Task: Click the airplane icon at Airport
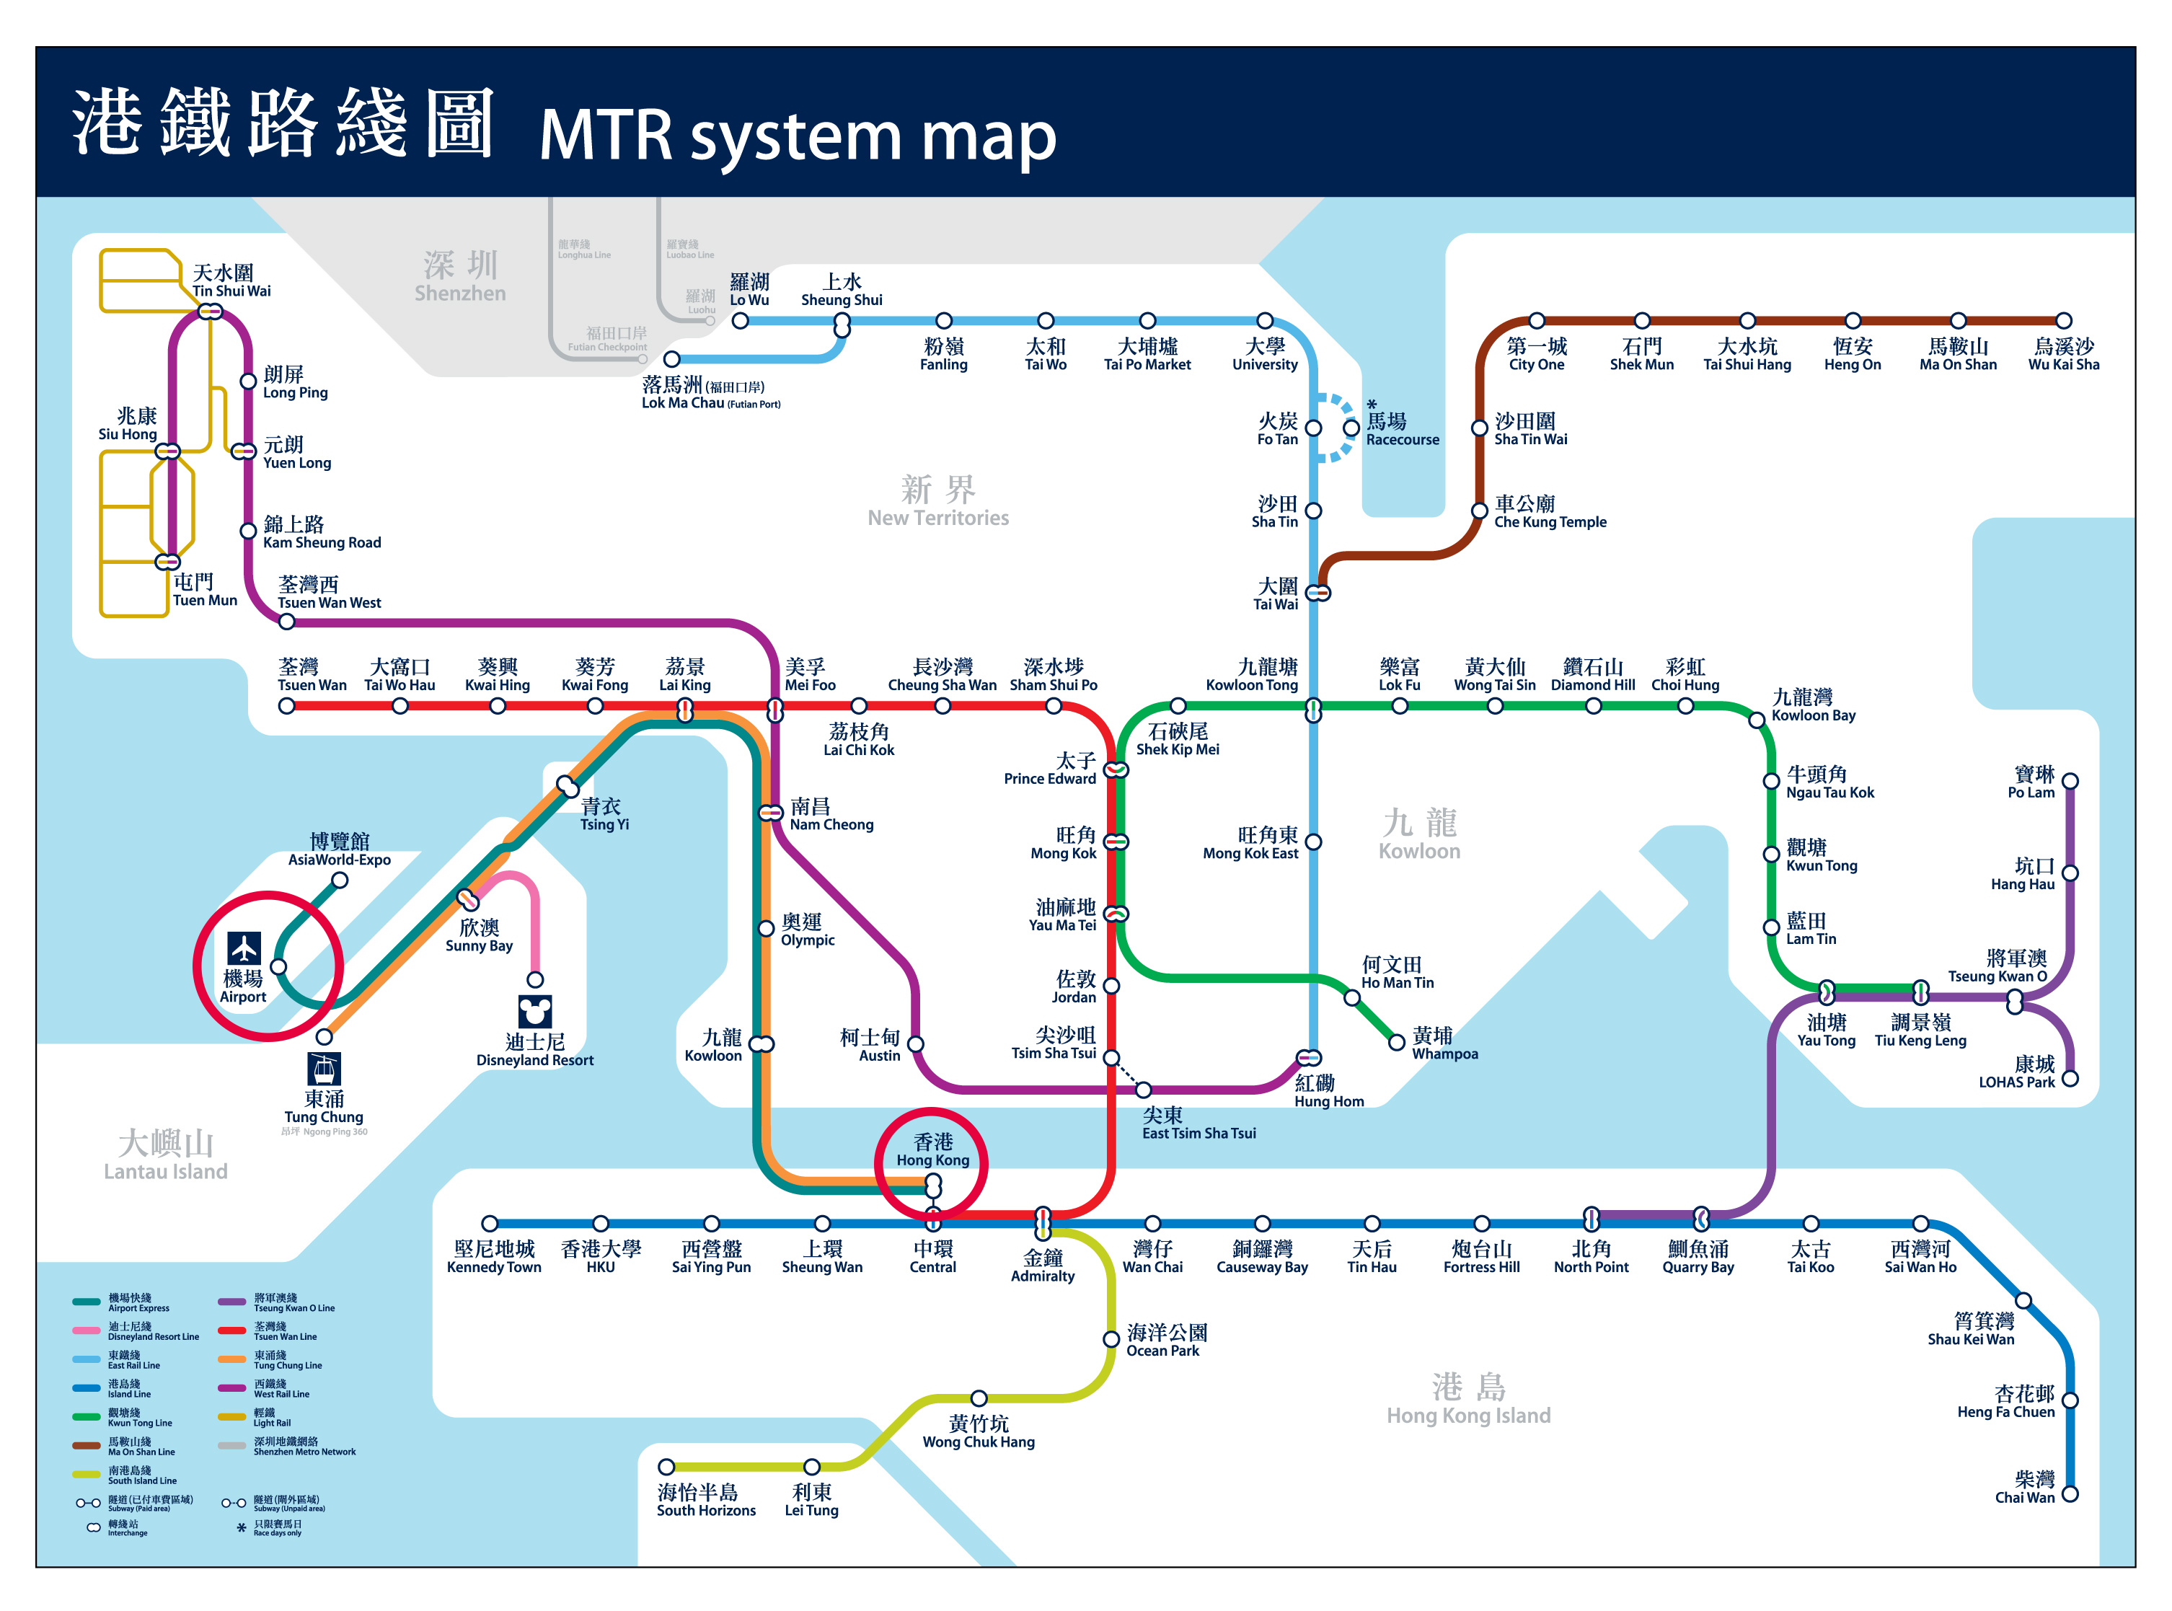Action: pyautogui.click(x=243, y=947)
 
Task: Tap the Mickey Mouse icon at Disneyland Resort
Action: pyautogui.click(x=534, y=1011)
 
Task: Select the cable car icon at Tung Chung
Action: pyautogui.click(x=324, y=1069)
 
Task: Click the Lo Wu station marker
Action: pyautogui.click(x=741, y=321)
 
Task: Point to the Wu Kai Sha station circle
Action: pyautogui.click(x=2063, y=321)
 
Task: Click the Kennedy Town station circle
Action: pyautogui.click(x=490, y=1224)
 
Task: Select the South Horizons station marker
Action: pyautogui.click(x=666, y=1467)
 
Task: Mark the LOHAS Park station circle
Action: pyautogui.click(x=2070, y=1079)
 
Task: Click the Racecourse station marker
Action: pyautogui.click(x=1351, y=427)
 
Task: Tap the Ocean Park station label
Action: pyautogui.click(x=1167, y=1341)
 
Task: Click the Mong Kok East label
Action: pyautogui.click(x=1250, y=844)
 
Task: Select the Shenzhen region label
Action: pyautogui.click(x=460, y=277)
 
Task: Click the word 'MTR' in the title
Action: pyautogui.click(x=605, y=135)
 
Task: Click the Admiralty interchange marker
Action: pyautogui.click(x=1043, y=1220)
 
